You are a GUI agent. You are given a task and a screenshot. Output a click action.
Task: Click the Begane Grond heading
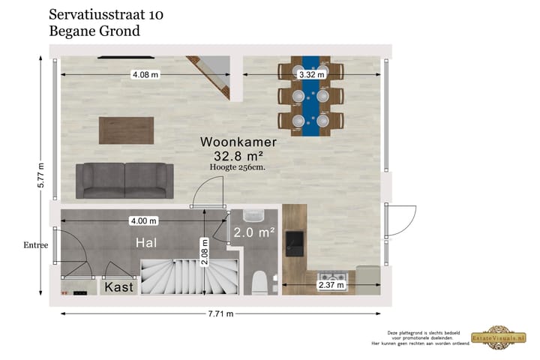tap(94, 31)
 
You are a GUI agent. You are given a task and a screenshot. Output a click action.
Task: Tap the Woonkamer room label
tap(238, 142)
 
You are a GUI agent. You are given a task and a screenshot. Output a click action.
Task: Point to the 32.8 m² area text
tap(238, 155)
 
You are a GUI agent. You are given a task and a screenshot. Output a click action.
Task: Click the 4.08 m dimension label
tap(145, 74)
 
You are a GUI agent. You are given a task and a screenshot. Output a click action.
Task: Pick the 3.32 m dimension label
tap(311, 74)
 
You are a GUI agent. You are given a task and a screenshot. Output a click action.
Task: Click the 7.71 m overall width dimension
tap(220, 313)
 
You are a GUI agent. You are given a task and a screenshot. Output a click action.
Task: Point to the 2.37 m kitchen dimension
tap(331, 284)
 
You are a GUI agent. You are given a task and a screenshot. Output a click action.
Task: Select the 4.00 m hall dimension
tap(142, 220)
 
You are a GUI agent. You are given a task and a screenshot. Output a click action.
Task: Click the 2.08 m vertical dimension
tap(204, 252)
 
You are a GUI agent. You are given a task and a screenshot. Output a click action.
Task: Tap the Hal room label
tap(146, 243)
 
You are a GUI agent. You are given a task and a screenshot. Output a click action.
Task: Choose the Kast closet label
tap(119, 287)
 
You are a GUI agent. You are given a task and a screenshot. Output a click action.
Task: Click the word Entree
tap(35, 245)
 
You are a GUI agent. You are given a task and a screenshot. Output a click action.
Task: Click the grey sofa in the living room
tap(124, 181)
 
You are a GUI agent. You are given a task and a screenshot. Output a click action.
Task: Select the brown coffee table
tap(127, 130)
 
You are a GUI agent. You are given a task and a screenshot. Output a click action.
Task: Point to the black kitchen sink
tap(294, 242)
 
